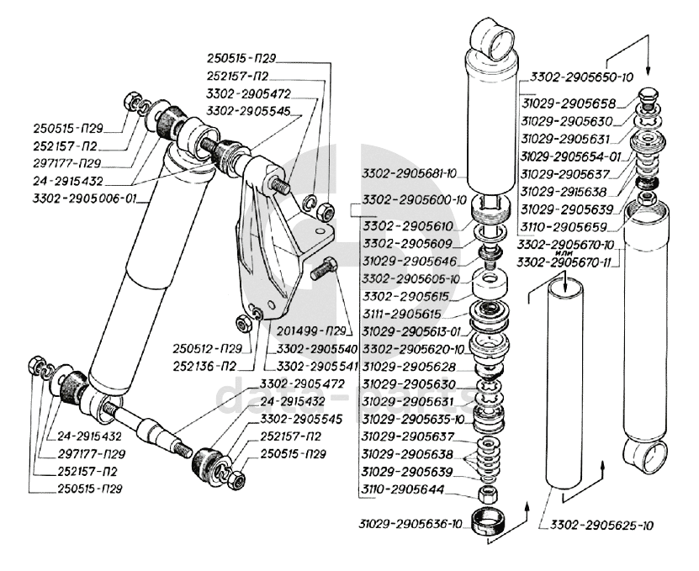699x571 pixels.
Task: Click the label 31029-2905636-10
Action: point(408,522)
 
